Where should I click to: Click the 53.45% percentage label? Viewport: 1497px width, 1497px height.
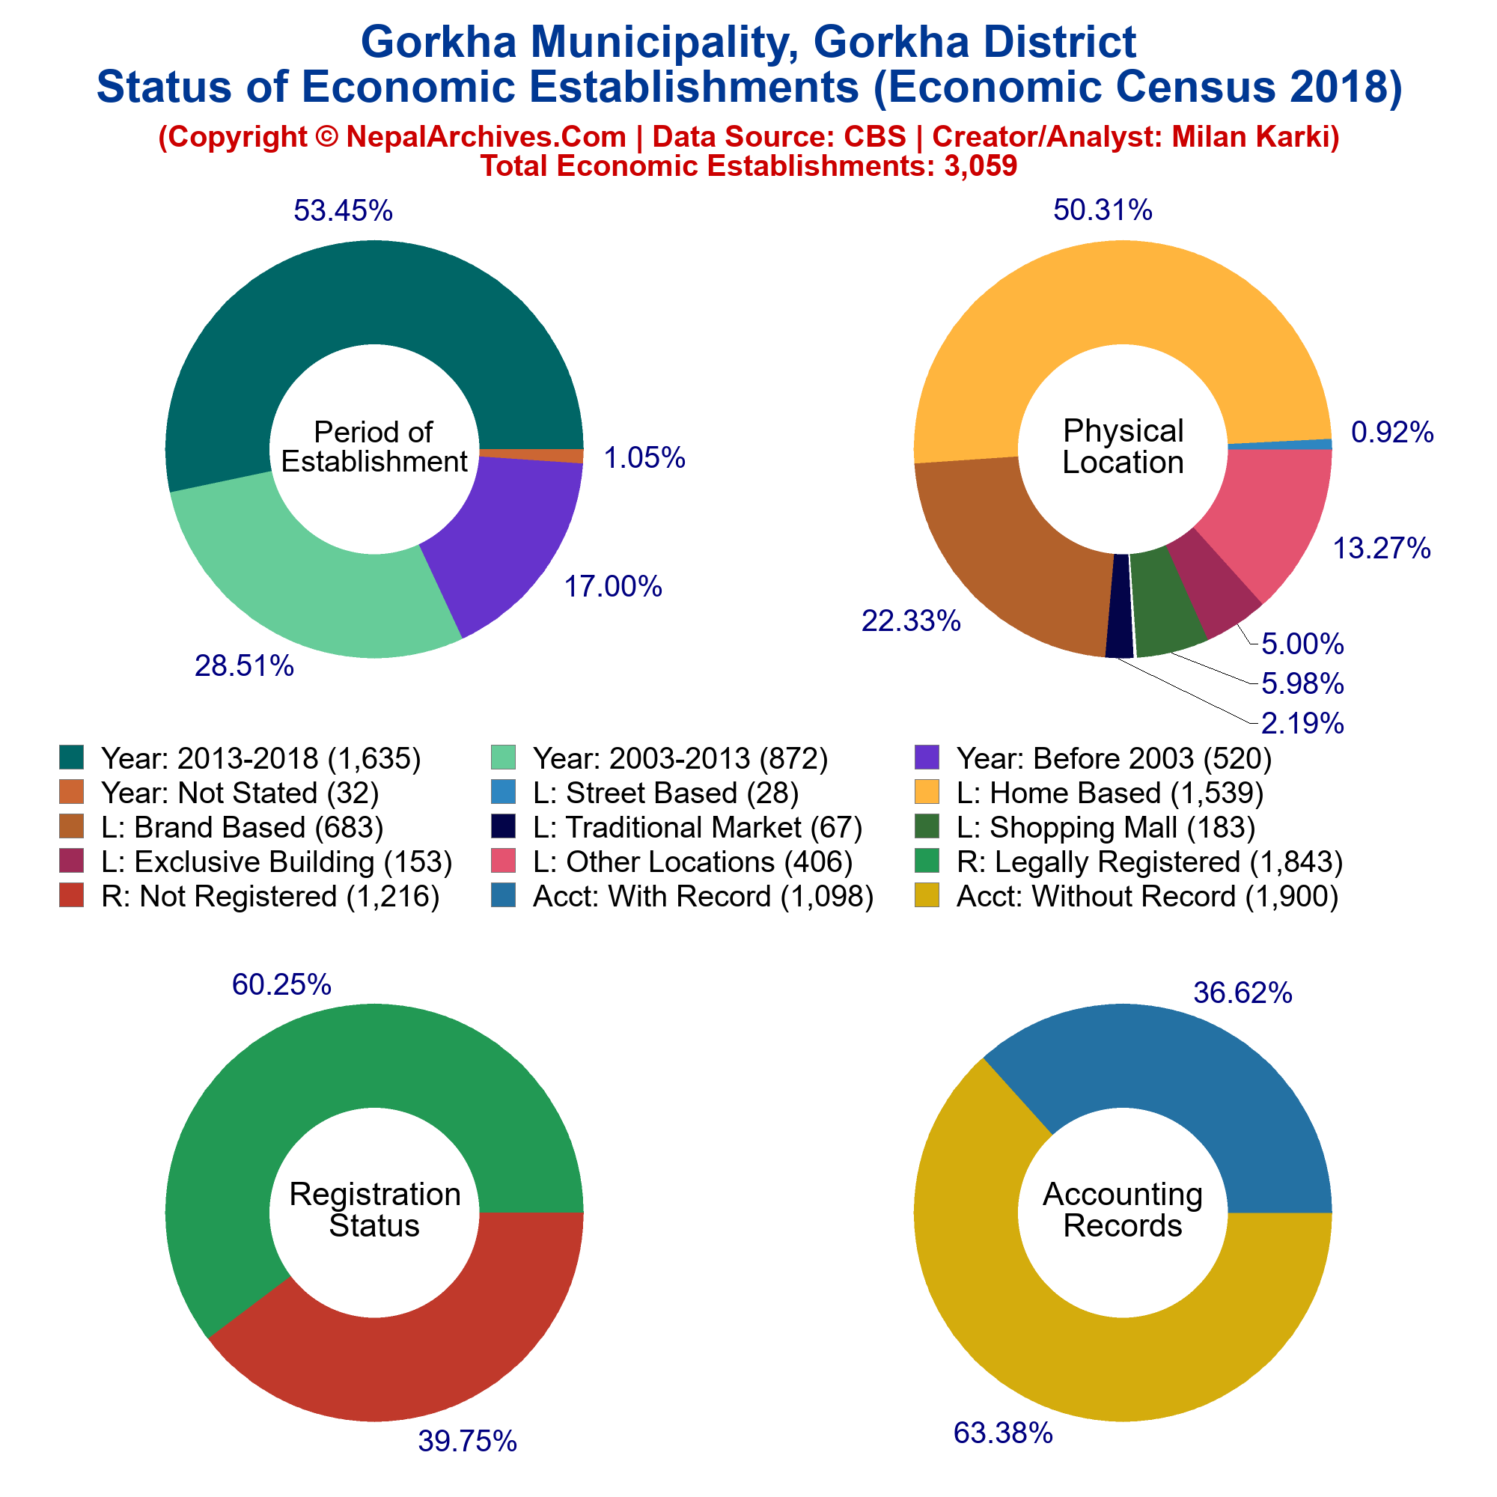click(343, 211)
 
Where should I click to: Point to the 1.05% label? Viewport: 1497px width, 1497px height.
click(644, 459)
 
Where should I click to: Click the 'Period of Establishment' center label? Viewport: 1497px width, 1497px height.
click(374, 447)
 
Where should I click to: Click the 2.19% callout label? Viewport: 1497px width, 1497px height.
click(1302, 724)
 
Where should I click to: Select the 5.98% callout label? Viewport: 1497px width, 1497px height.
click(1302, 683)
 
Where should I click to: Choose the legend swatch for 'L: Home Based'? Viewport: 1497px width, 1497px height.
click(927, 792)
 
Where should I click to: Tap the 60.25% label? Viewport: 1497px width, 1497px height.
click(281, 985)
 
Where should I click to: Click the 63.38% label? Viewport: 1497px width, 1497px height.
click(1003, 1433)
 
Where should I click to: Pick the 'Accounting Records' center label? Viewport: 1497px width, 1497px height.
click(1123, 1210)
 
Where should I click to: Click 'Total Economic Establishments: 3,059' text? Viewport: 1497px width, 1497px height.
click(748, 165)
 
